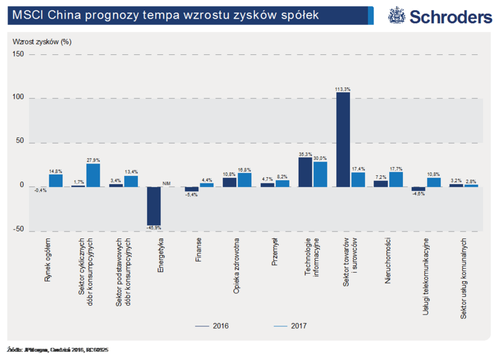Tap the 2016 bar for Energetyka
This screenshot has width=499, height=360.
click(x=153, y=206)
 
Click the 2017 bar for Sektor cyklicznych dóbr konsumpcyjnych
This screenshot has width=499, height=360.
click(x=93, y=175)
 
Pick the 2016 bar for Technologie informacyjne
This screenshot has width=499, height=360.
click(x=305, y=172)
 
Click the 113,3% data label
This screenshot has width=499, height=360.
click(x=342, y=89)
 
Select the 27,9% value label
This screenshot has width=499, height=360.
click(x=93, y=160)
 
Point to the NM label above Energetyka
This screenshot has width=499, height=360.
click(x=167, y=183)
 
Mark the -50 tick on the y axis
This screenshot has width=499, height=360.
click(x=19, y=230)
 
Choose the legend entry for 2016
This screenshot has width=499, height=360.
click(x=213, y=326)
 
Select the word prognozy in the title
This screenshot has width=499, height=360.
click(x=109, y=16)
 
